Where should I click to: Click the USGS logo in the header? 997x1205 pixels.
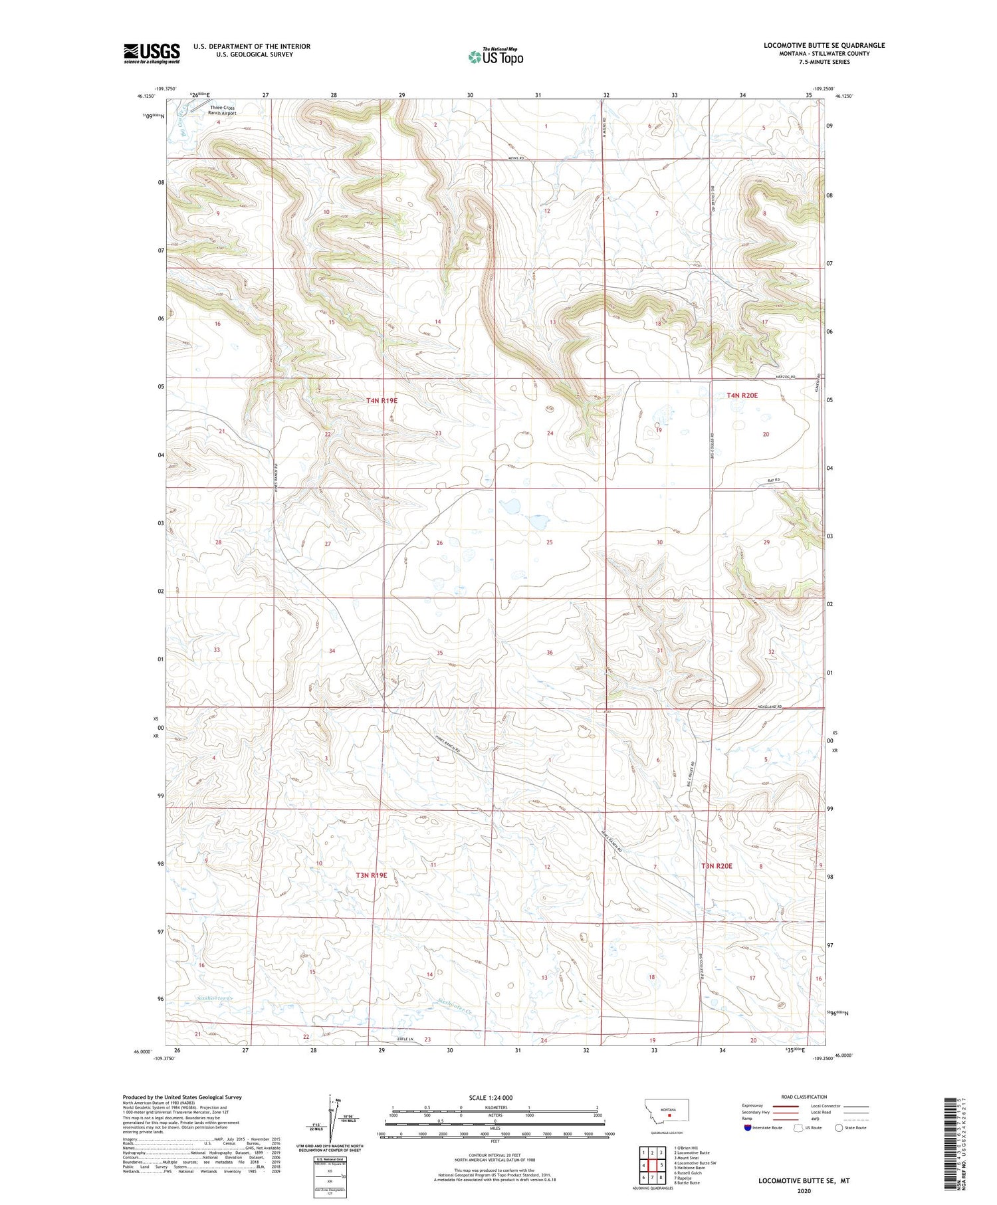point(152,53)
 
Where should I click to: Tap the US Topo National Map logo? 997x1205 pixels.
point(495,56)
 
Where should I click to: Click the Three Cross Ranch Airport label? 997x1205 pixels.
point(222,110)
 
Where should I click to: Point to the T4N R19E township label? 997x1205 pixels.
point(382,401)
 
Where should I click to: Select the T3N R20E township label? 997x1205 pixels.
point(717,866)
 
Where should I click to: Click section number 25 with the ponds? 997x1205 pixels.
point(549,543)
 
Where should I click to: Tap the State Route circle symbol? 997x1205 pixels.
point(839,1128)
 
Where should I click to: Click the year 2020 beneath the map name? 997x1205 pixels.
point(804,1191)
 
